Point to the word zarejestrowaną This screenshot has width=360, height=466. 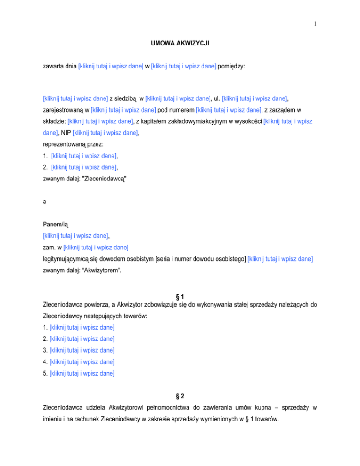coord(62,111)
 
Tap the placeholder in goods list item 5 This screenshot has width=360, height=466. coord(82,374)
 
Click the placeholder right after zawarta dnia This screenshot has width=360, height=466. coord(111,67)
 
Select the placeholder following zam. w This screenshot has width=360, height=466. coord(96,248)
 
